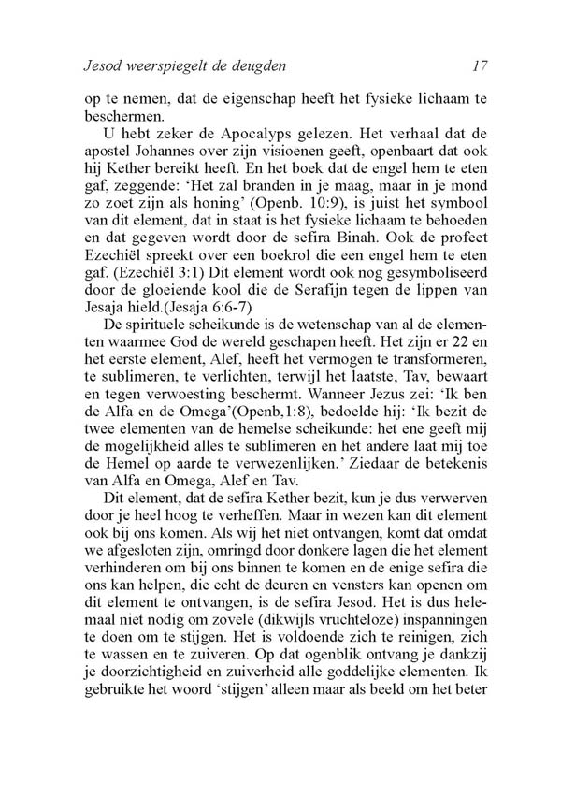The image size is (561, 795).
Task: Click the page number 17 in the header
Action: click(482, 66)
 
